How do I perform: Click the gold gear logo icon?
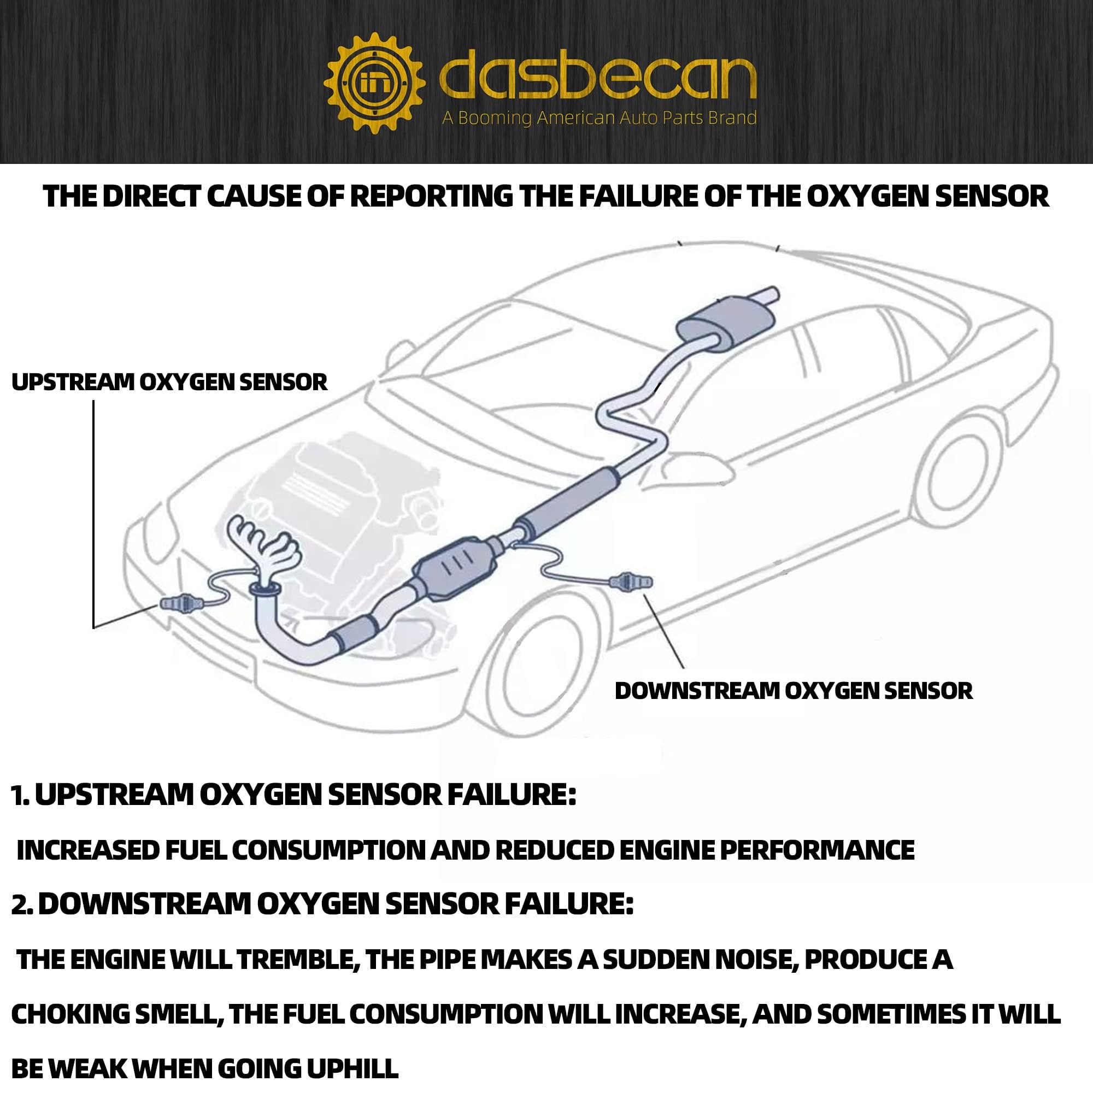374,84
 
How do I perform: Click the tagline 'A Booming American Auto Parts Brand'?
599,118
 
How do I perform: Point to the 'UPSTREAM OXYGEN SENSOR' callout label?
169,383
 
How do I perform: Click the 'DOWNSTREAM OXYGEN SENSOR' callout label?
794,691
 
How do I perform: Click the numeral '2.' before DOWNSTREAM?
21,904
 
